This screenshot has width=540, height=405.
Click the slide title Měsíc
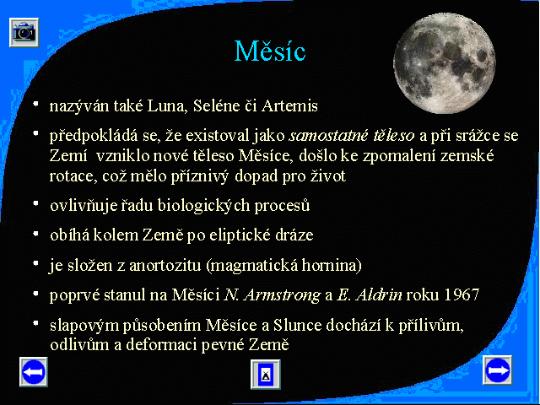[270, 51]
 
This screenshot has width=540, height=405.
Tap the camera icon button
[24, 32]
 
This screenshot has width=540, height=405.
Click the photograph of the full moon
[445, 62]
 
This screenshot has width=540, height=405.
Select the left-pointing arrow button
[34, 371]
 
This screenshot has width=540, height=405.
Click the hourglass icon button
[266, 375]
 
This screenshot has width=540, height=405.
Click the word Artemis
[289, 105]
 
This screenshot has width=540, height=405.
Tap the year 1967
[462, 294]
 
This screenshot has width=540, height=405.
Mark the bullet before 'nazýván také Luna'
[35, 103]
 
